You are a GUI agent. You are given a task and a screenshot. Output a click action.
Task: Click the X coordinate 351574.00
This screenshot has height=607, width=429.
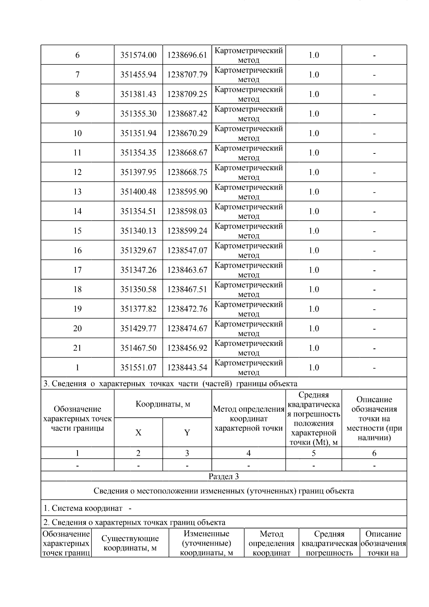[138, 55]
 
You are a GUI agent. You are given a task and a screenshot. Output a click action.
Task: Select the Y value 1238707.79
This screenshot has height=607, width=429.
[187, 75]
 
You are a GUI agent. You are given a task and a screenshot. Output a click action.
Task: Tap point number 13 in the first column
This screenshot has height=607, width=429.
[78, 192]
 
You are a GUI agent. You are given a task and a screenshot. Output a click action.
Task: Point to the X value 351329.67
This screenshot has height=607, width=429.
[138, 250]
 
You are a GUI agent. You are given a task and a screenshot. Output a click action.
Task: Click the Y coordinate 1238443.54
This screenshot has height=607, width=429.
[187, 367]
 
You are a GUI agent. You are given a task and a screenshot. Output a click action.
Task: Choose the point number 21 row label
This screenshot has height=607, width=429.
[78, 348]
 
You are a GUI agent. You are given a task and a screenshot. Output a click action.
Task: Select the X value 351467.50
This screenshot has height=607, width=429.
[138, 348]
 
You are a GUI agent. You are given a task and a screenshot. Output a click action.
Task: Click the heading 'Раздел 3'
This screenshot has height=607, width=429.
[224, 476]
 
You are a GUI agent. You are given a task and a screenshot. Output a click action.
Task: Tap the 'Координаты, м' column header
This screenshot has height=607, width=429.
[163, 404]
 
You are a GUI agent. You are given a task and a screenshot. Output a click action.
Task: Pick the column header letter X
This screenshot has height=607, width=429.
[138, 433]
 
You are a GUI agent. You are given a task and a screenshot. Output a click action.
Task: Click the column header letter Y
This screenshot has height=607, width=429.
[187, 433]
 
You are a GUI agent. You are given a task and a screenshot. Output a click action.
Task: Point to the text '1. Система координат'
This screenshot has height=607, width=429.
[83, 508]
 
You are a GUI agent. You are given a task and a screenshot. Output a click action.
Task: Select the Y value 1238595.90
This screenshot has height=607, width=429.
[187, 192]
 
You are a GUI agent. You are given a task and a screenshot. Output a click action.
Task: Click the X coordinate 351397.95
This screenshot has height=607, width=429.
[138, 172]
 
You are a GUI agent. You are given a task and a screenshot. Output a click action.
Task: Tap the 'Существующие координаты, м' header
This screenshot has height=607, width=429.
[130, 543]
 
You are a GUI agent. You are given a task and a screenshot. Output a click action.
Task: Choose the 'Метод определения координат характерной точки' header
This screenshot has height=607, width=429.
[248, 418]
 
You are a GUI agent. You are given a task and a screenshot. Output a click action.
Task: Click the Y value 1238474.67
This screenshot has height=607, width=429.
[187, 328]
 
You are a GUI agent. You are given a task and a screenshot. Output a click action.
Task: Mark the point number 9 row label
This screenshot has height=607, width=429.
[78, 114]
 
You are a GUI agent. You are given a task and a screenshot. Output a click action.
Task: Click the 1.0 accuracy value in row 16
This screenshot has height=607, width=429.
[314, 250]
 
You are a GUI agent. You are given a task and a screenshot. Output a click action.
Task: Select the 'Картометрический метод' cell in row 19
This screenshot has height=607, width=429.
[248, 309]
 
